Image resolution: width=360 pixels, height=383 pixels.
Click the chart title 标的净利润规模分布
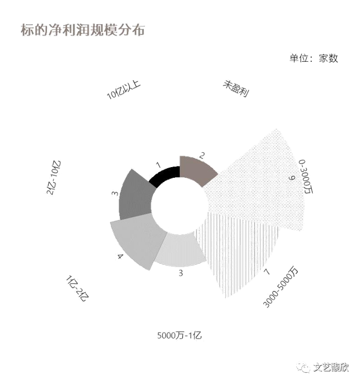83,30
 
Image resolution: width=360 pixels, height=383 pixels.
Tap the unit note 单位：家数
314,58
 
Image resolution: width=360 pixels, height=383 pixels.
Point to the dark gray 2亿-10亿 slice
136,195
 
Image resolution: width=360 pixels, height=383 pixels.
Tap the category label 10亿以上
123,90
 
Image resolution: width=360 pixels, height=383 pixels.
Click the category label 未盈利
236,88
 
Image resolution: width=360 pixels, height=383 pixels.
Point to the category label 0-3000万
305,176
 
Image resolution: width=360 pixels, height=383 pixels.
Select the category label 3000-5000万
281,287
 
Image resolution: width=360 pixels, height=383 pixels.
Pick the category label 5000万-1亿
179,335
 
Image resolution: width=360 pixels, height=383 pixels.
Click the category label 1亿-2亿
77,288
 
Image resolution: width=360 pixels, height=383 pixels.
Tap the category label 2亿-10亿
53,177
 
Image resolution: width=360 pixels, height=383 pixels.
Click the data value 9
291,178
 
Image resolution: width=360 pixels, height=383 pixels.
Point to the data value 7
266,271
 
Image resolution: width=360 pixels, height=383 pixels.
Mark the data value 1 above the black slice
159,166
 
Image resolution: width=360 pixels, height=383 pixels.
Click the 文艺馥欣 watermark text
331,367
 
